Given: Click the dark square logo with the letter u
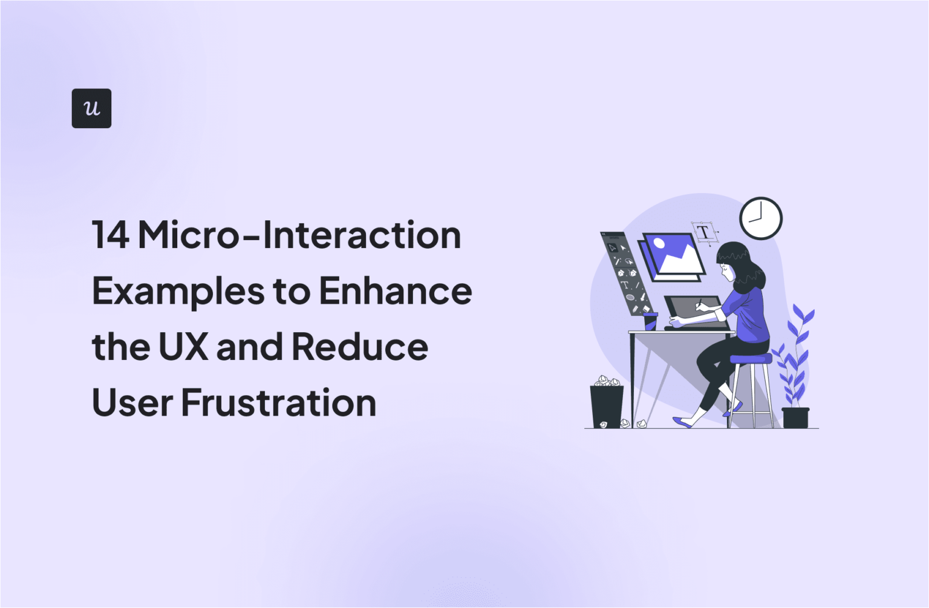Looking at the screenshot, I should [x=91, y=108].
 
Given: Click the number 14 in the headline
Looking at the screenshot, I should [x=110, y=235].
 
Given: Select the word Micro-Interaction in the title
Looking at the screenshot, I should [x=299, y=235].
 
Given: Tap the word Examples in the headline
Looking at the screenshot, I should [x=178, y=292].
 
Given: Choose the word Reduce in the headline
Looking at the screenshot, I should [x=360, y=347].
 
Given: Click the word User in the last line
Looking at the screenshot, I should [x=132, y=403].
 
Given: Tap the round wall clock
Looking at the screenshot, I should [x=761, y=218].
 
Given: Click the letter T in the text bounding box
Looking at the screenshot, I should [x=703, y=232].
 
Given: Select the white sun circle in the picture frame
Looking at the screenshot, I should [x=659, y=244].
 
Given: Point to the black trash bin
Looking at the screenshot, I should [x=606, y=406].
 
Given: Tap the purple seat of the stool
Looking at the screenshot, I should [x=751, y=359].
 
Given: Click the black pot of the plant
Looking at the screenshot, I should [x=795, y=417].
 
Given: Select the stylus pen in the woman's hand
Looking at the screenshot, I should [x=699, y=303].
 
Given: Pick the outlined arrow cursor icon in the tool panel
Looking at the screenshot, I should [x=612, y=247].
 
